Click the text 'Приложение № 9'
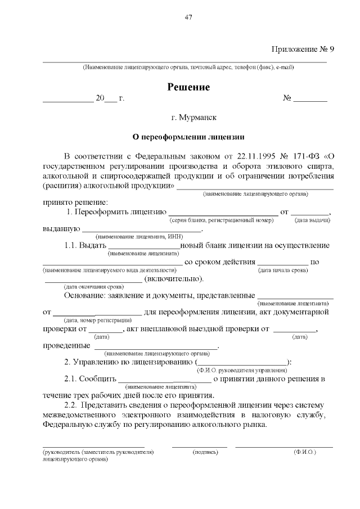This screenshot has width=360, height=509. [303, 49]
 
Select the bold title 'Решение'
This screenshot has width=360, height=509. [188, 87]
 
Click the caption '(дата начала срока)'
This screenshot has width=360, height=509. [282, 271]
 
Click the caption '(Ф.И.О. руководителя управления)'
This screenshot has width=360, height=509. [242, 371]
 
